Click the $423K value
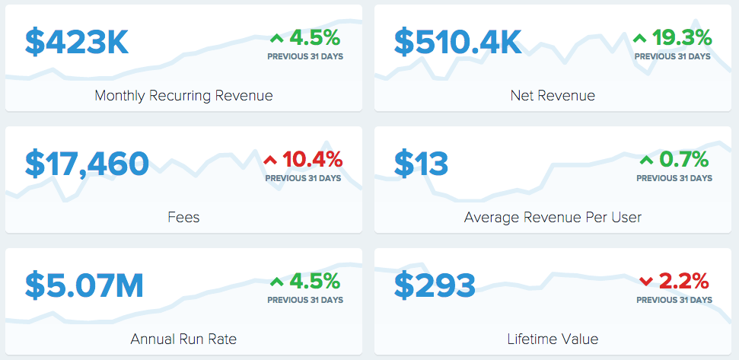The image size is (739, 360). coord(77,43)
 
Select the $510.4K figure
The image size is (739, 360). coord(457,43)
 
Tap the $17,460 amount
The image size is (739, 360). coord(88,164)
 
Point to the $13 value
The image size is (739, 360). coord(421,164)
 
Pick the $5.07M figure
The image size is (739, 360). coord(84,285)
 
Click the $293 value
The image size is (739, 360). coord(435,285)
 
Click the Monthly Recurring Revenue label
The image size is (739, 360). coord(184,96)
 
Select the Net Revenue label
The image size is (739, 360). coord(553,96)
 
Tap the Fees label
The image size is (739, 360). coord(184,217)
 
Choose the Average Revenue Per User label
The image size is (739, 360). coord(553,217)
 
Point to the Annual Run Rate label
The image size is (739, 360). coord(184,339)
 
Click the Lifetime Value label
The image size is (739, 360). coord(553,339)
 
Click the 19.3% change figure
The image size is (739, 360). coord(682,38)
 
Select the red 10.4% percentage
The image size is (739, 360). coord(313,160)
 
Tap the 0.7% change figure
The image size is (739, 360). coord(684,160)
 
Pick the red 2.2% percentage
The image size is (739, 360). coord(683,282)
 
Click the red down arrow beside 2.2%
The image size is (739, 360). coord(646,282)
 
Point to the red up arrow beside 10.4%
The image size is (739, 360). coord(270,161)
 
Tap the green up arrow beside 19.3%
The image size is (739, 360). coord(640,39)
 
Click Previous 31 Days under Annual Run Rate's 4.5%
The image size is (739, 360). coord(305,300)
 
